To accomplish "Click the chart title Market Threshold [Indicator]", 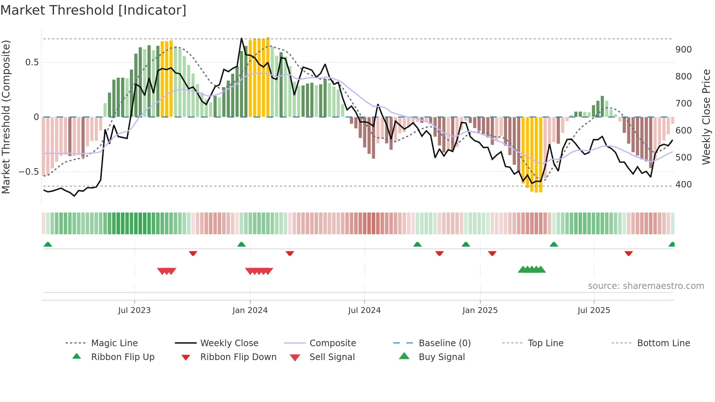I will pyautogui.click(x=93, y=10).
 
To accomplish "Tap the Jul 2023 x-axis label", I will pyautogui.click(x=134, y=310).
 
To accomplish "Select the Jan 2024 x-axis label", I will pyautogui.click(x=250, y=310).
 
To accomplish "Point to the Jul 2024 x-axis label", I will pyautogui.click(x=364, y=310).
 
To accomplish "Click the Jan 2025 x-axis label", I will pyautogui.click(x=480, y=310).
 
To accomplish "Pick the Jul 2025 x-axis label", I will pyautogui.click(x=594, y=310).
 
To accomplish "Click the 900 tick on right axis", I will pyautogui.click(x=683, y=50).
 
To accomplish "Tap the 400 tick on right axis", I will pyautogui.click(x=683, y=185).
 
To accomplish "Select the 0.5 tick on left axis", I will pyautogui.click(x=32, y=62).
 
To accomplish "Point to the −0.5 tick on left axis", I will pyautogui.click(x=29, y=172).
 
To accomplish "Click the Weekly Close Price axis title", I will pyautogui.click(x=706, y=117).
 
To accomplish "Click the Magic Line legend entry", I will pyautogui.click(x=114, y=343).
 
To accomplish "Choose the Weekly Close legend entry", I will pyautogui.click(x=229, y=343).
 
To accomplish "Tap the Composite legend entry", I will pyautogui.click(x=333, y=343).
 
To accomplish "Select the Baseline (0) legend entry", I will pyautogui.click(x=444, y=343).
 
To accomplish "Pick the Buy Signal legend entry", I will pyautogui.click(x=441, y=357).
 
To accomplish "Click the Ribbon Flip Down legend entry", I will pyautogui.click(x=238, y=357).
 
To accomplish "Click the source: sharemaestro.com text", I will pyautogui.click(x=646, y=286).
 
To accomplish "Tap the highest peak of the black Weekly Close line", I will pyautogui.click(x=241, y=38).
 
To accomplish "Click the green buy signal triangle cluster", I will pyautogui.click(x=532, y=270).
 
